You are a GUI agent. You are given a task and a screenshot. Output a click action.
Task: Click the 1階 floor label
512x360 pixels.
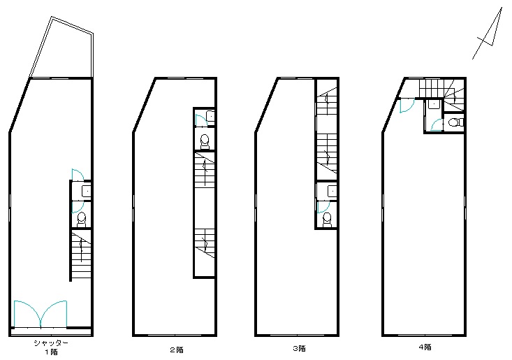(51, 352)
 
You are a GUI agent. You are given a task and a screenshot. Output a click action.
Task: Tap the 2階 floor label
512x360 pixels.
(177, 350)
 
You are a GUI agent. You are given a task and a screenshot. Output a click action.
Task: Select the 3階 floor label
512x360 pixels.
(299, 349)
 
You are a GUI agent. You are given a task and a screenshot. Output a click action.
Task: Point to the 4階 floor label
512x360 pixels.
(425, 347)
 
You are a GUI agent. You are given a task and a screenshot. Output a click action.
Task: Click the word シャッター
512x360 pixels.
(51, 343)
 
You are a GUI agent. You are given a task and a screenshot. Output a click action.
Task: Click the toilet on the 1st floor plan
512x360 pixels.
(81, 219)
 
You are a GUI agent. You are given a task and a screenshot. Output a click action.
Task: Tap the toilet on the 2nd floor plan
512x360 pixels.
(205, 142)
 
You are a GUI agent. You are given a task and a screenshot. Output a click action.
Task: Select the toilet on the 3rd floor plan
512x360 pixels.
(326, 219)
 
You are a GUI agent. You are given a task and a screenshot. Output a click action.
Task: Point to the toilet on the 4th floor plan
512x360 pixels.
(456, 122)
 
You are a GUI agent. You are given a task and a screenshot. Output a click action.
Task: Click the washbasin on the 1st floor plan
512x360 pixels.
(86, 191)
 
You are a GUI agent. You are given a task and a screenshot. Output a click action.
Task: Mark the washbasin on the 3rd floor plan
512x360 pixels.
(332, 191)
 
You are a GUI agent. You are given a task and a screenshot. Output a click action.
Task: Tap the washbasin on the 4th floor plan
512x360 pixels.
(434, 105)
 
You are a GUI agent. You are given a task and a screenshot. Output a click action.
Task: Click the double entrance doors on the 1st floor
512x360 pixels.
(41, 314)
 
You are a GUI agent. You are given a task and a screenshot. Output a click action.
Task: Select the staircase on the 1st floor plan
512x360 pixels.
(81, 255)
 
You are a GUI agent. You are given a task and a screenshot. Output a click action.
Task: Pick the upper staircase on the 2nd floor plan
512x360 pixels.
(205, 170)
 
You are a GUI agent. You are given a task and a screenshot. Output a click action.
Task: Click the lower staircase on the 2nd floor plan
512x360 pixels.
(205, 243)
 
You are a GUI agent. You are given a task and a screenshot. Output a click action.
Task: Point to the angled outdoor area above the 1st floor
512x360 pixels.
(61, 48)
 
